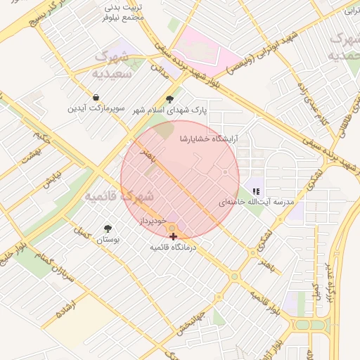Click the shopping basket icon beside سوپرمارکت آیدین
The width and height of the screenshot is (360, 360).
(x=96, y=98)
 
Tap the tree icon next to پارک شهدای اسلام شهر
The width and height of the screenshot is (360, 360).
(x=169, y=99)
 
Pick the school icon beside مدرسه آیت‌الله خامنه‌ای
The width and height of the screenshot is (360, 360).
(x=257, y=191)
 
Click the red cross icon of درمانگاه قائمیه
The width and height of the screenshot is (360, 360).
(x=174, y=237)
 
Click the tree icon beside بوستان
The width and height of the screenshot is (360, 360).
(x=108, y=229)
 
